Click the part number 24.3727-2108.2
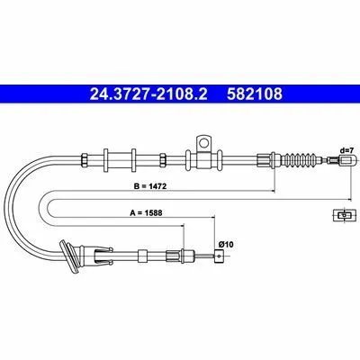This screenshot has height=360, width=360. [148, 94]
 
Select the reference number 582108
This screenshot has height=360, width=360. [255, 94]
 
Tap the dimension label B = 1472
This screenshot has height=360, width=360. [150, 186]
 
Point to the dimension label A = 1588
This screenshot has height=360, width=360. [146, 213]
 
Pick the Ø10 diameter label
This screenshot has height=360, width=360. [226, 245]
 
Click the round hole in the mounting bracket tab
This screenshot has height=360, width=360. [203, 142]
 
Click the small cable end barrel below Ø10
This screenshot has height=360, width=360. [220, 256]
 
